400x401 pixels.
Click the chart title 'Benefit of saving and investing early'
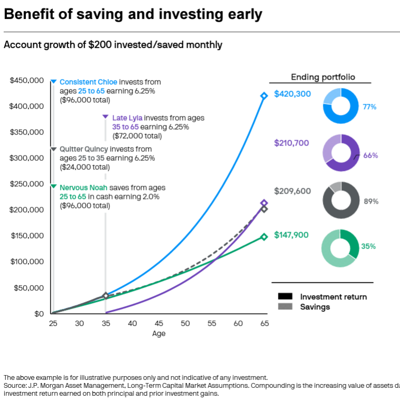(133, 15)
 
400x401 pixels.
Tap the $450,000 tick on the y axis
(26, 80)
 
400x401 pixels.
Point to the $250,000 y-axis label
(26, 184)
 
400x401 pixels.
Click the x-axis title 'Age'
(159, 333)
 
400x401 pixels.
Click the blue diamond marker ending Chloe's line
(264, 96)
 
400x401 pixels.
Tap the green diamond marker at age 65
(264, 237)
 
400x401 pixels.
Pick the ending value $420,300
(292, 94)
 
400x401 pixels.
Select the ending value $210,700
(292, 143)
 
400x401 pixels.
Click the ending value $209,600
(292, 192)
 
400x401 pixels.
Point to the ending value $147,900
(292, 235)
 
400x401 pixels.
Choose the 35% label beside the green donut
(368, 246)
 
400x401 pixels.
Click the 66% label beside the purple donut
(370, 156)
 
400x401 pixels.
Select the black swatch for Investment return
(285, 297)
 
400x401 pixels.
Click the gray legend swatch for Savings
(285, 307)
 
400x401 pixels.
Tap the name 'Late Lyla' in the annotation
(127, 118)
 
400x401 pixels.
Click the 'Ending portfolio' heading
(321, 77)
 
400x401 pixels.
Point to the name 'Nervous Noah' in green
(83, 188)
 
